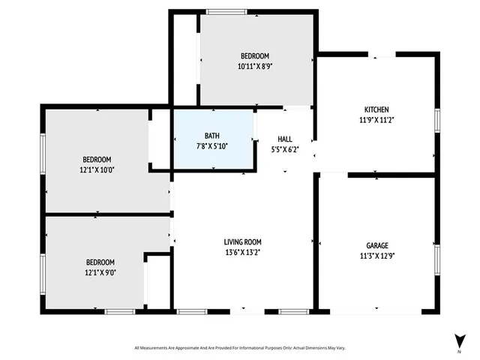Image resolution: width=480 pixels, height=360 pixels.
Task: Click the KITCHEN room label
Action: coord(376,109)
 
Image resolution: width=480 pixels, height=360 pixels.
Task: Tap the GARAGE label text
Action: coord(376,245)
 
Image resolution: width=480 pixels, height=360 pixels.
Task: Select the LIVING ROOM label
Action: coord(242,241)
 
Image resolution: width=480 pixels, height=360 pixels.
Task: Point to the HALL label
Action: coord(285,139)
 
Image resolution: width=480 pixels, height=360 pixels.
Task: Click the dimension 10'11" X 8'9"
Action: coord(254,66)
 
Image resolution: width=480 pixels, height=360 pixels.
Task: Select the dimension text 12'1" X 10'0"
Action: coord(97,169)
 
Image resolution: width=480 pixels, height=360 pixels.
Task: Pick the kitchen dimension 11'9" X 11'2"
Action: coord(376,119)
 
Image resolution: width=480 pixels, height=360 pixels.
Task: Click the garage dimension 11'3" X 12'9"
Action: coord(376,256)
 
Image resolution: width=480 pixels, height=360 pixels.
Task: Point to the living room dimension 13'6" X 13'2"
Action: coord(242,252)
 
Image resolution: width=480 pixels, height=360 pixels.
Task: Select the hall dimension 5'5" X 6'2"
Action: coord(285,150)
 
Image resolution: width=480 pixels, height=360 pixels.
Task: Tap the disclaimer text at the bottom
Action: coord(240,348)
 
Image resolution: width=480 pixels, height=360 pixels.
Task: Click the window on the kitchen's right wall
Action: coord(437,121)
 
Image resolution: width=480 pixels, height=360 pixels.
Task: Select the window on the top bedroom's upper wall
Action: coord(226,12)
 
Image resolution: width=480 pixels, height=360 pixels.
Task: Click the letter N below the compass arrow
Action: coord(458,351)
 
